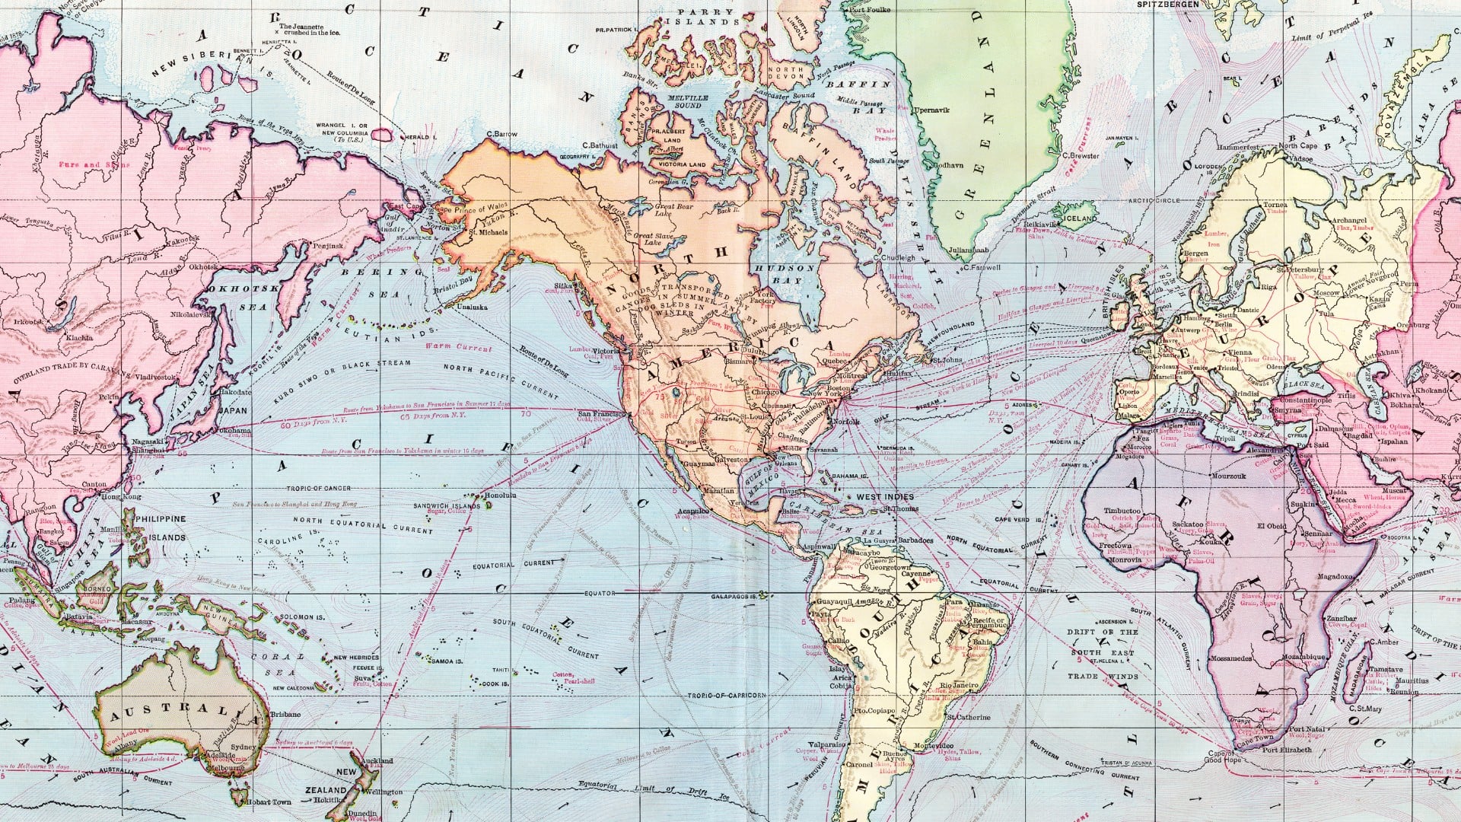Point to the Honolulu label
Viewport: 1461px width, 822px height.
pyautogui.click(x=500, y=495)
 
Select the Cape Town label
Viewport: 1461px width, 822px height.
pyautogui.click(x=1253, y=738)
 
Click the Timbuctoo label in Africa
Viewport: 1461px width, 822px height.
pyautogui.click(x=1122, y=511)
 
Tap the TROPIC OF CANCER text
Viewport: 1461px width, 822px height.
pyautogui.click(x=319, y=489)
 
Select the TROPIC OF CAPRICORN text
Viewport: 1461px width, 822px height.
pyautogui.click(x=726, y=696)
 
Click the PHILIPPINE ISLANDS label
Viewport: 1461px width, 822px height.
pyautogui.click(x=159, y=527)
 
